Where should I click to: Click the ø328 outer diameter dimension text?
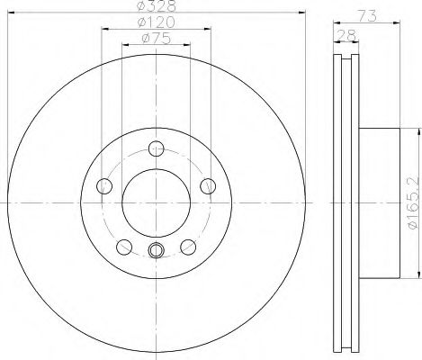pos(157,6)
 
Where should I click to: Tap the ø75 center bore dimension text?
pos(157,39)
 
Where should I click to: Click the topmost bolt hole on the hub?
pos(157,149)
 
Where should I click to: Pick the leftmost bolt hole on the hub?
pos(103,187)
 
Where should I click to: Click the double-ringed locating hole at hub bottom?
pos(157,251)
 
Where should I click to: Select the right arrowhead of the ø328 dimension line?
pos(303,14)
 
